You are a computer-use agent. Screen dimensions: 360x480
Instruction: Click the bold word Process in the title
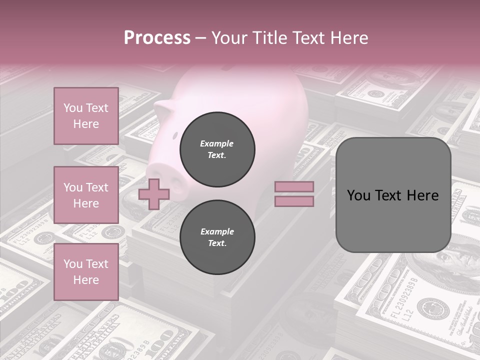click(x=157, y=38)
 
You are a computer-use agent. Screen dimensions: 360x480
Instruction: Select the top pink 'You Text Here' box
click(x=86, y=116)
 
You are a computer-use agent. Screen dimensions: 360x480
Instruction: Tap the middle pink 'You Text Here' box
click(x=86, y=195)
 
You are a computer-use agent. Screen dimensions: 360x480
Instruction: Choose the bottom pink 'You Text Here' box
click(x=86, y=271)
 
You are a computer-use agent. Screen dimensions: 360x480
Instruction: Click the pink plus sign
click(x=153, y=194)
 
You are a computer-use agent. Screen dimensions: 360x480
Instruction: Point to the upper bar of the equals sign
click(x=294, y=187)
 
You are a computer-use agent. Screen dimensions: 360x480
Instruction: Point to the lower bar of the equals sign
click(x=294, y=201)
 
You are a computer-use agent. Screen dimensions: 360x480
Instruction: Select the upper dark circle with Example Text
click(x=217, y=149)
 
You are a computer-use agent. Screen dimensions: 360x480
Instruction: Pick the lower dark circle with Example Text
click(x=217, y=237)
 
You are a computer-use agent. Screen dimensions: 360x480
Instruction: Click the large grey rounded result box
click(x=393, y=195)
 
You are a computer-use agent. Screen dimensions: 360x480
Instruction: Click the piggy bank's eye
click(x=175, y=135)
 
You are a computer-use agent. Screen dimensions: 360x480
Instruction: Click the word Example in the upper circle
click(x=217, y=143)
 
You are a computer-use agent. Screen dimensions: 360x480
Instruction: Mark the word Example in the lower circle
click(x=217, y=231)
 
